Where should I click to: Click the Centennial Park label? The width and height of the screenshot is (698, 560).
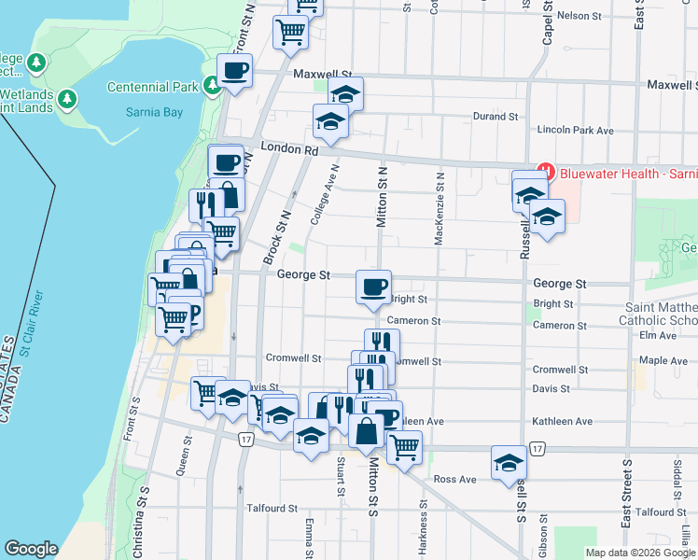[154, 87]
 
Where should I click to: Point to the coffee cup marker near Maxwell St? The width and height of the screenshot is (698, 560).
[234, 70]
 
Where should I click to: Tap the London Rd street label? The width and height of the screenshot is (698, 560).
[289, 147]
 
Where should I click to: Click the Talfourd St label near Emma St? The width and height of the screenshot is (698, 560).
[271, 509]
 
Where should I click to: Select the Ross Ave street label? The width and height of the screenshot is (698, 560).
[455, 480]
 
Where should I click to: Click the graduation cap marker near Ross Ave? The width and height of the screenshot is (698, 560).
[509, 463]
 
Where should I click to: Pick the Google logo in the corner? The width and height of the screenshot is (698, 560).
[31, 548]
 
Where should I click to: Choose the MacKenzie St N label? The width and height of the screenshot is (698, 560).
[439, 208]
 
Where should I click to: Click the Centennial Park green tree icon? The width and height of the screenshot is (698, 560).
[213, 86]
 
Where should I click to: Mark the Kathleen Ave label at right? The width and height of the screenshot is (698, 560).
[562, 422]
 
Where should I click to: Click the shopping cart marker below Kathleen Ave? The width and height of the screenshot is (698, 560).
[404, 446]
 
